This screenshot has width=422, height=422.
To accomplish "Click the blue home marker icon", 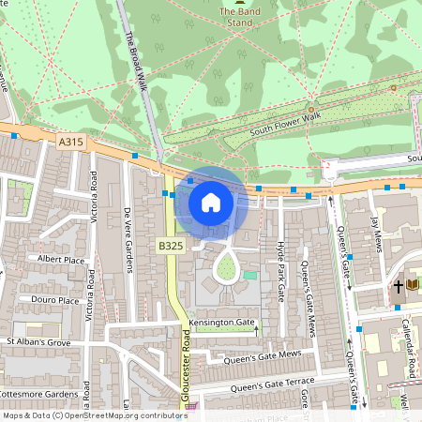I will [x=210, y=203].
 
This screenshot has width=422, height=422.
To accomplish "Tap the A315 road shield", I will [x=70, y=142].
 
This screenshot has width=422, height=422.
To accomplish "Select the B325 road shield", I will [x=171, y=246].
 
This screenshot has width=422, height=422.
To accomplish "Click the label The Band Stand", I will [x=236, y=16].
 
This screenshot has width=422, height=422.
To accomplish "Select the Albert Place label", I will [x=61, y=259].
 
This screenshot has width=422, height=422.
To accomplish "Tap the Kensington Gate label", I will [x=221, y=323].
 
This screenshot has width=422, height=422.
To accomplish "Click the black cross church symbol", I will [x=398, y=285].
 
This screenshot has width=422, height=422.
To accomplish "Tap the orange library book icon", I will [x=413, y=285].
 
